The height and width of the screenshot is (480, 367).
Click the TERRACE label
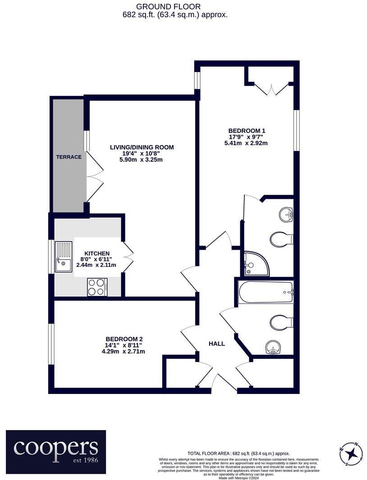pos(69,157)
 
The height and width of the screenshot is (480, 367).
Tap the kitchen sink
pos(63,257)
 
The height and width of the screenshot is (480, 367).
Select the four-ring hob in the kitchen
pos(97,287)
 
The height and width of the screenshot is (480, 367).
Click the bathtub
pos(266,292)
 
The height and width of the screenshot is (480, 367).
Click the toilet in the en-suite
pos(281,239)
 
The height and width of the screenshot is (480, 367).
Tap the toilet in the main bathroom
pos(281,322)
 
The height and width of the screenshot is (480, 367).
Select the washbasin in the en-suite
pos(285,214)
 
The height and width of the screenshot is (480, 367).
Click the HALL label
pos(216,343)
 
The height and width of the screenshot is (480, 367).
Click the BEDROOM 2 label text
pos(124,339)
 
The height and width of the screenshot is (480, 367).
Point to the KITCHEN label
pos(96,253)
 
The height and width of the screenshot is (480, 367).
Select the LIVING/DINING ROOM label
pos(142,147)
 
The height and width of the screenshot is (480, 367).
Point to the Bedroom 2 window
pos(52,344)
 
